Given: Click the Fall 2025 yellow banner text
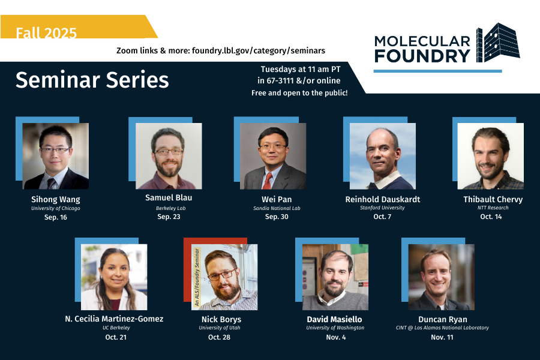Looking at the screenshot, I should point(46,32).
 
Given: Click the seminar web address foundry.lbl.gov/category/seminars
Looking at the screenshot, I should point(259,51).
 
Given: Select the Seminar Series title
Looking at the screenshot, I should point(92,80).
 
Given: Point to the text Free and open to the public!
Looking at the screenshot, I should point(299,93).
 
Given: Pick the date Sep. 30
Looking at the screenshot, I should point(277,217).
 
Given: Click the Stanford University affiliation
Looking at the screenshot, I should point(382,208).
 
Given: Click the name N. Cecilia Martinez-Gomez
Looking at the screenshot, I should point(114,319).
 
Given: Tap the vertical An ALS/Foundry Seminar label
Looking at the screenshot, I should point(196,277).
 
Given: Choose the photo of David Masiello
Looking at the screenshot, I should point(335,277).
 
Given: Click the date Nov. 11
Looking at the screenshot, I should point(442,337).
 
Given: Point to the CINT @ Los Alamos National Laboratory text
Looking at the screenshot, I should point(442,328).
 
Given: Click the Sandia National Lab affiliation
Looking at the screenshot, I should point(277,208).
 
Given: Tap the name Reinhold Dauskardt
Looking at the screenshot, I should point(383,199).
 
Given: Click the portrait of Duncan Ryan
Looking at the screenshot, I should point(441,277).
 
